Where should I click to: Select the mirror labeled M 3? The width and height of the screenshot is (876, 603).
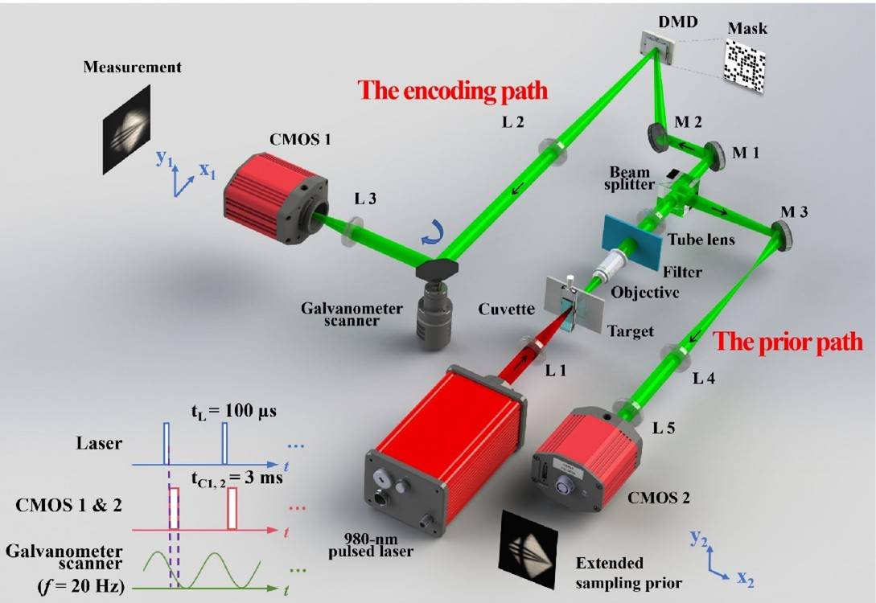pyautogui.click(x=781, y=236)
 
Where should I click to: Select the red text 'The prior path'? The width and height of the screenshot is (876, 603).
pyautogui.click(x=788, y=341)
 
